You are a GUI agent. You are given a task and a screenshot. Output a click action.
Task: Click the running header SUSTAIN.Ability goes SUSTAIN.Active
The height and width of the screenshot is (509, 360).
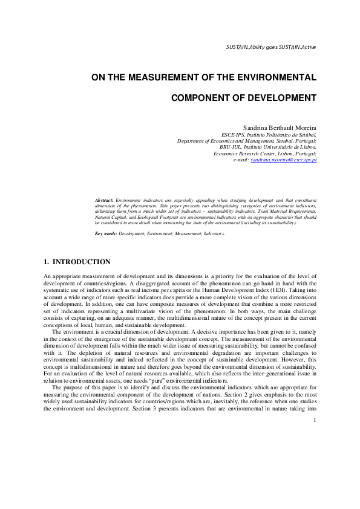coord(270,47)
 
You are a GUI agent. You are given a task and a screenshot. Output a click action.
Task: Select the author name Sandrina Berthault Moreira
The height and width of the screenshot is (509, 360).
coord(275,127)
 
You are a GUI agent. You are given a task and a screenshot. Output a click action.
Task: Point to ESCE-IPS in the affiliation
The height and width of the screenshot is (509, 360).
coord(233,134)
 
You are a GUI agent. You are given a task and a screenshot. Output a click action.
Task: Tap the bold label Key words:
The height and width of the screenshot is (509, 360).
coord(106,233)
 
